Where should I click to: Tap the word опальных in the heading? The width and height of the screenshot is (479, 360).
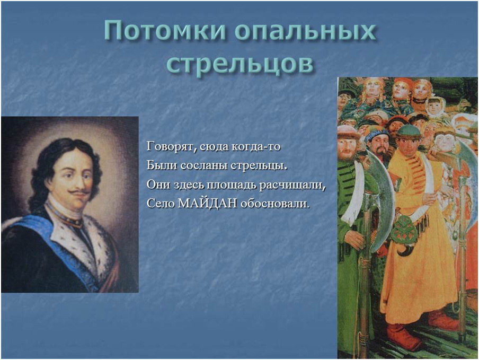305,32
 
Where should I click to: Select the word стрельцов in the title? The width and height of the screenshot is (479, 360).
239,64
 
